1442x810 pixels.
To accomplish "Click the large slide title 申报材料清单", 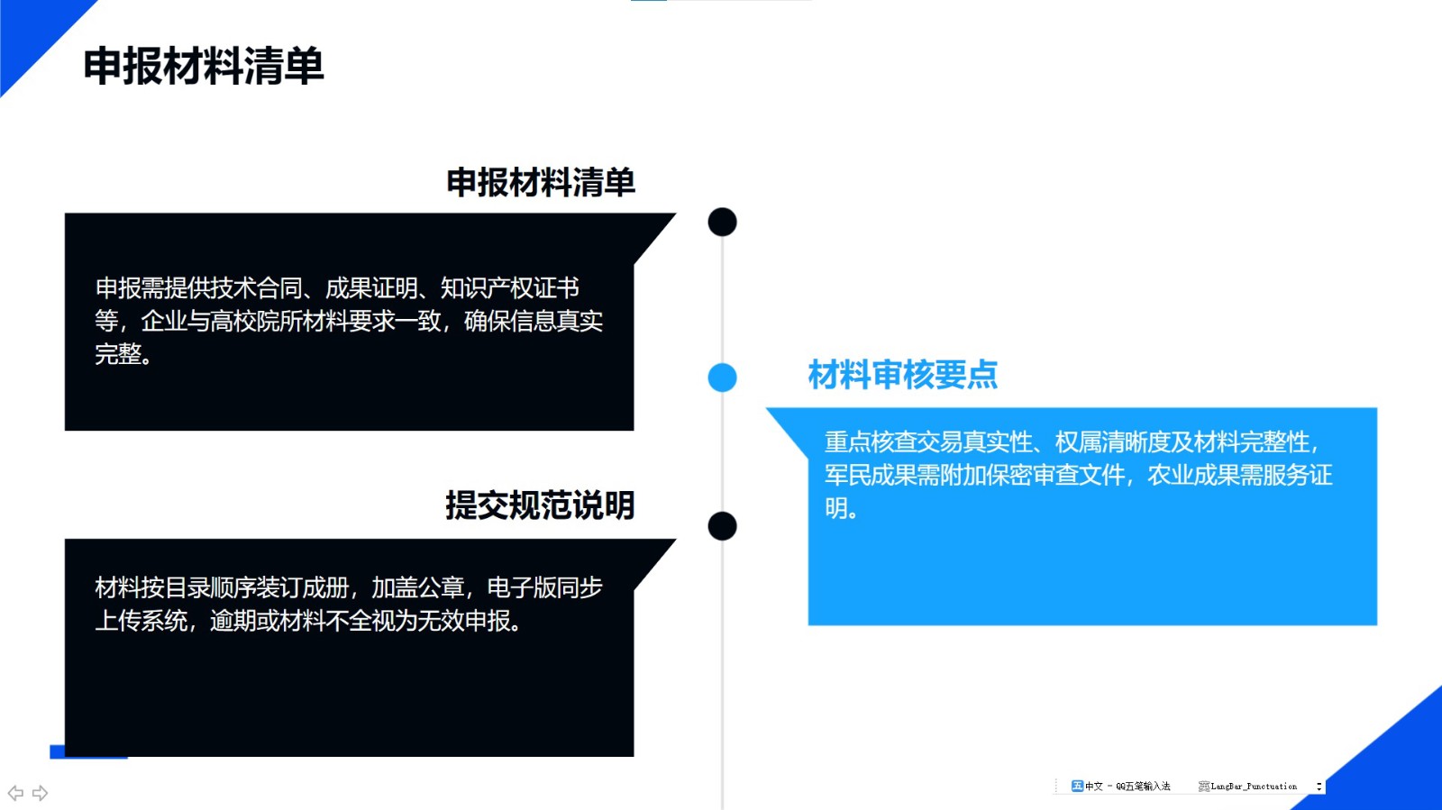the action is pyautogui.click(x=204, y=66).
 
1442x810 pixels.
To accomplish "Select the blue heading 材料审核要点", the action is pyautogui.click(x=902, y=375).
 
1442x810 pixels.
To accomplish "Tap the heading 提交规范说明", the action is pyautogui.click(x=540, y=505).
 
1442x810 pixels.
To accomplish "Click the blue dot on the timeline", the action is pyautogui.click(x=722, y=377).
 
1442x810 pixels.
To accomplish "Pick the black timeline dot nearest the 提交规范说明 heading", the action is pyautogui.click(x=722, y=526).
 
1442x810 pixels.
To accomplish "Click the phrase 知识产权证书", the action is pyautogui.click(x=510, y=287).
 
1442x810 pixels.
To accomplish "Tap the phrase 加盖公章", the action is pyautogui.click(x=418, y=587).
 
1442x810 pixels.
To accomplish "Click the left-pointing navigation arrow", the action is pyautogui.click(x=15, y=793).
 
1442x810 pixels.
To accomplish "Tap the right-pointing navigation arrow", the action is pyautogui.click(x=40, y=793).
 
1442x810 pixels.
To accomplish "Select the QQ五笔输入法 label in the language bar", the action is pyautogui.click(x=1143, y=787).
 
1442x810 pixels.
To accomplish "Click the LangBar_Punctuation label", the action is pyautogui.click(x=1254, y=787).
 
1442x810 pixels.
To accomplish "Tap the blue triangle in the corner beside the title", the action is pyautogui.click(x=32, y=32).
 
